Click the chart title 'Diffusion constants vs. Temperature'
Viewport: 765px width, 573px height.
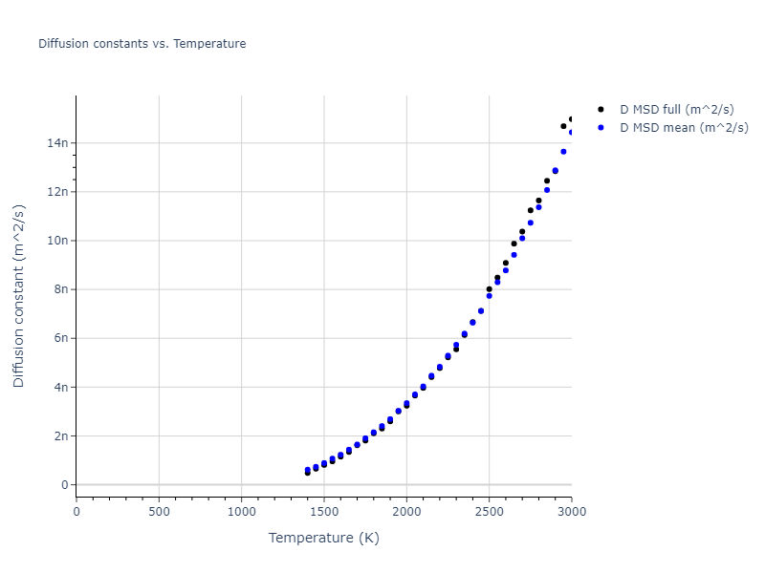coord(142,44)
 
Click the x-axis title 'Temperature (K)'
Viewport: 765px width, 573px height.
coord(323,538)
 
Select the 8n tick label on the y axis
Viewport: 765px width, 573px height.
coord(60,289)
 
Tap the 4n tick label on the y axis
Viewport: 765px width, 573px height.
coord(60,387)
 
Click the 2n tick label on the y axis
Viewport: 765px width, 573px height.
coord(60,435)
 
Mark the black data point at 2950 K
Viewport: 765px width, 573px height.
coord(563,126)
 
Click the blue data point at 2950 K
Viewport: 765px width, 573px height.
coord(563,152)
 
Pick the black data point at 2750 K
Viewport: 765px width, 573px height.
coord(531,210)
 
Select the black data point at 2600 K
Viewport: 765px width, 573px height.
coord(506,263)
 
